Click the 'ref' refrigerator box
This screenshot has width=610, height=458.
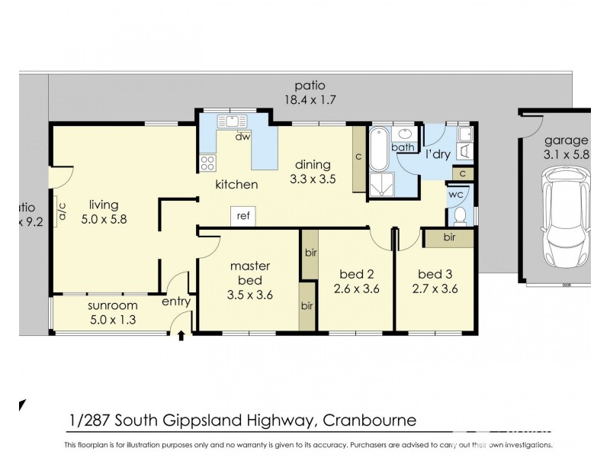point(243,216)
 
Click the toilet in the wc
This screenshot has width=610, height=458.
point(460,216)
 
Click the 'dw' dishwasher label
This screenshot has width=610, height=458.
point(242,137)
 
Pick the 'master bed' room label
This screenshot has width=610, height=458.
point(251,273)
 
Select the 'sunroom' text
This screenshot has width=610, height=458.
point(96,306)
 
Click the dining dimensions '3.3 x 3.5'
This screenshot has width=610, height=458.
point(313,179)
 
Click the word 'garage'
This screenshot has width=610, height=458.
point(566,140)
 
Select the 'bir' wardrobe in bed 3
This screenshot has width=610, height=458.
point(449,238)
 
